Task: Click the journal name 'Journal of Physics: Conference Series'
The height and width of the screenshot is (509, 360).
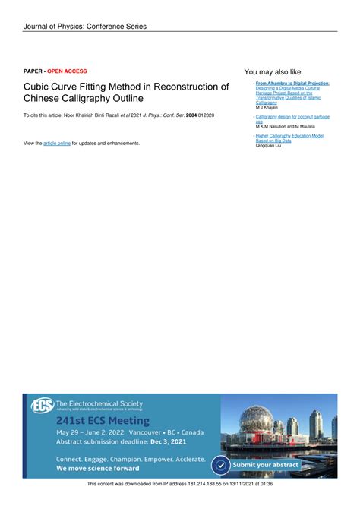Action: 84,27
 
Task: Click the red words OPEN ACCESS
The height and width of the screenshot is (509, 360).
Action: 67,71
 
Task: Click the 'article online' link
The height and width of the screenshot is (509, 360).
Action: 57,143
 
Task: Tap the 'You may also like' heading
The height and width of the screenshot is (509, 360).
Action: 273,71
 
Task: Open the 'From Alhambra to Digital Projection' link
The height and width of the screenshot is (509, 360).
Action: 292,83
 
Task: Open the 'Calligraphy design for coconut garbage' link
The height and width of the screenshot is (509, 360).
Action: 292,117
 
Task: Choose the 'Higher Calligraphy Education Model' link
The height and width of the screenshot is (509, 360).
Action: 289,135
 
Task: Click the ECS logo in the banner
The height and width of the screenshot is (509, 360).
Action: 41,406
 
